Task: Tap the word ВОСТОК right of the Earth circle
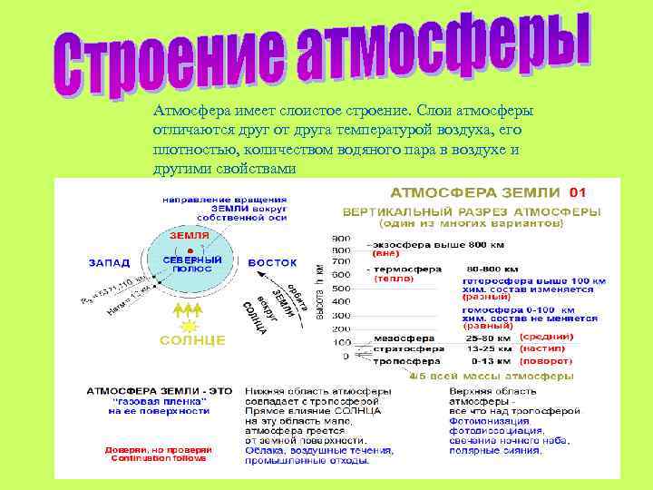[x=272, y=262]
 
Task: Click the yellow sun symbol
[x=190, y=323]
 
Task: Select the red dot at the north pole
[x=190, y=249]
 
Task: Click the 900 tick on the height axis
[x=340, y=236]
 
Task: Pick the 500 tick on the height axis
[x=340, y=289]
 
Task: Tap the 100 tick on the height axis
[x=342, y=342]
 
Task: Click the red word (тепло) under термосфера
[x=394, y=279]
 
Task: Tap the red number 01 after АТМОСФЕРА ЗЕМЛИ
[x=577, y=193]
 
